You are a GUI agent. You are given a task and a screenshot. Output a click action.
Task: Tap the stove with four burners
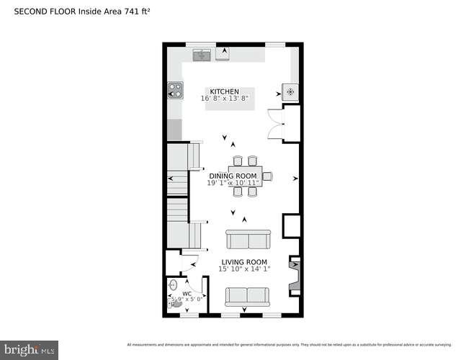[175, 90]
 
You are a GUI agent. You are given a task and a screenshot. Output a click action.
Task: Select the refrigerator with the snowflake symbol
[290, 92]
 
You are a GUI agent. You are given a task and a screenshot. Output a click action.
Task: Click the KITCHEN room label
[224, 91]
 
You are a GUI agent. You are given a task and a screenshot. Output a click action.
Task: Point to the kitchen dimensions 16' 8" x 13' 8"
[225, 99]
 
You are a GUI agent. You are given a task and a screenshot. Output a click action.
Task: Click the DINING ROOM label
[232, 176]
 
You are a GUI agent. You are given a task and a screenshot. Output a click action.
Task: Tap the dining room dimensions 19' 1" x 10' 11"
[233, 184]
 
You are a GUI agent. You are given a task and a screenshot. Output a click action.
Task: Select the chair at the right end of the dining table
[266, 176]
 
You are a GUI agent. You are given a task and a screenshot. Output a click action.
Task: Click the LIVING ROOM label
[243, 262]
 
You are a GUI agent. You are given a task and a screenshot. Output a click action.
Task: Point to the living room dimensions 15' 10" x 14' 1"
[243, 269]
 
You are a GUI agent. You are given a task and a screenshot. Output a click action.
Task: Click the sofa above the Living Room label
[247, 239]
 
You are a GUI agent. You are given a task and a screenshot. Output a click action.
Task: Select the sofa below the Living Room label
[246, 296]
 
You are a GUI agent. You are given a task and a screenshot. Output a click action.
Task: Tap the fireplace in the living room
[294, 276]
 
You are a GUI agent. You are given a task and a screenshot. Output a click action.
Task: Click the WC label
[186, 294]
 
